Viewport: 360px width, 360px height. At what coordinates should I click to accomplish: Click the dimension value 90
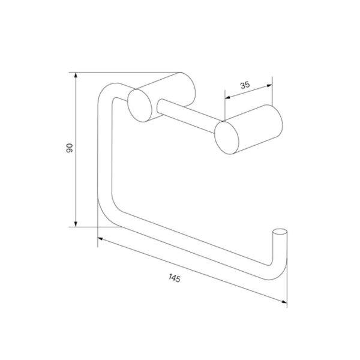coord(70,148)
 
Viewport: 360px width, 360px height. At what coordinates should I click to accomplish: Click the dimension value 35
coord(245,85)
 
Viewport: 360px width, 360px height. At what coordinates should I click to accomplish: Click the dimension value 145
coord(175,278)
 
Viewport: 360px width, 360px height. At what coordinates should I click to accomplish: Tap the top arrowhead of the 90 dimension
coord(76,76)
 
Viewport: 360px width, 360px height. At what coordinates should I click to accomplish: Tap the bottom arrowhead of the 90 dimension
coord(76,224)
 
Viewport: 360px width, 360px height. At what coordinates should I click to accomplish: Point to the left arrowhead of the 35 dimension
coord(227,98)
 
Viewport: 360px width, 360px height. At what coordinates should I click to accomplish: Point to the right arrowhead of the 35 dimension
coord(269,86)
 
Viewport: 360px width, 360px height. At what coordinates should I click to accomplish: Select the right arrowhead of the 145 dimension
coord(284,302)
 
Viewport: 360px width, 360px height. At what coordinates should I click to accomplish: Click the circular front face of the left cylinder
coord(140,106)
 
